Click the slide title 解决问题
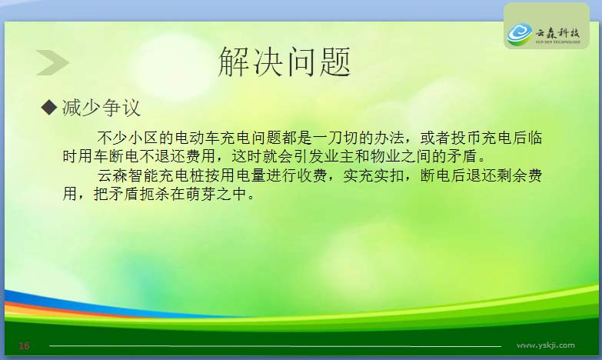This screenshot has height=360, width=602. (284, 62)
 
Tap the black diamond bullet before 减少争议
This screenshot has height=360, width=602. (48, 107)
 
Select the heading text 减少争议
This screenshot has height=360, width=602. (101, 108)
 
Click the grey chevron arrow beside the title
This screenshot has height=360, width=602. (52, 62)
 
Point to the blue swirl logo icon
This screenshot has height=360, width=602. (520, 34)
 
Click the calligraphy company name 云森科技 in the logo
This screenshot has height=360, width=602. (557, 32)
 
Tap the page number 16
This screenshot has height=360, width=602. (24, 346)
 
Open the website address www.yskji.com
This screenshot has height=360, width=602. (546, 345)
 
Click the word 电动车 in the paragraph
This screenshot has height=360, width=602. (197, 138)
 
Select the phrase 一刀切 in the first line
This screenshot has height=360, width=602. (335, 138)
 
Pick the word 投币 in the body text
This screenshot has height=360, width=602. (466, 138)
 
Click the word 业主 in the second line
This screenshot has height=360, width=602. (338, 156)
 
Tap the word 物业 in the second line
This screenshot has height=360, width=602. (385, 156)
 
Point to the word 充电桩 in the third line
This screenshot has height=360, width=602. (181, 175)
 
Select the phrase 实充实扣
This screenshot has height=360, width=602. (373, 175)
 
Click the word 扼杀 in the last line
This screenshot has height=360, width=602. (155, 194)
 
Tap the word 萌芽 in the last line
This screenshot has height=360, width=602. (201, 194)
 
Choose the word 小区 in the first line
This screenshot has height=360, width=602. (143, 138)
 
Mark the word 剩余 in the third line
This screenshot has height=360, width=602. (512, 175)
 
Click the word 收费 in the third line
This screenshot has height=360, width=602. (311, 175)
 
